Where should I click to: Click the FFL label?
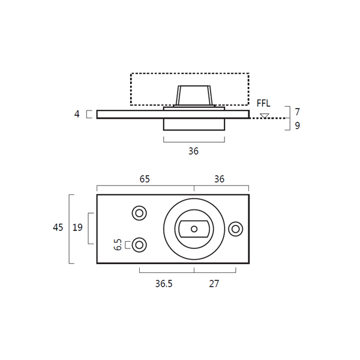tap(263, 103)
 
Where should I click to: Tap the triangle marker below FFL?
tap(265, 116)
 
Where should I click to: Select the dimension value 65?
tap(145, 179)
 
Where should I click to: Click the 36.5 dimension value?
tap(164, 284)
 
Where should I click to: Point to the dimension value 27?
tap(214, 284)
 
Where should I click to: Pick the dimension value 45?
tap(58, 227)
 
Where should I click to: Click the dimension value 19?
tap(77, 227)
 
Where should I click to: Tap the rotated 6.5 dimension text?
tap(118, 245)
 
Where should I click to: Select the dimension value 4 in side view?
tap(77, 114)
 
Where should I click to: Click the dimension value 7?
tap(298, 112)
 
